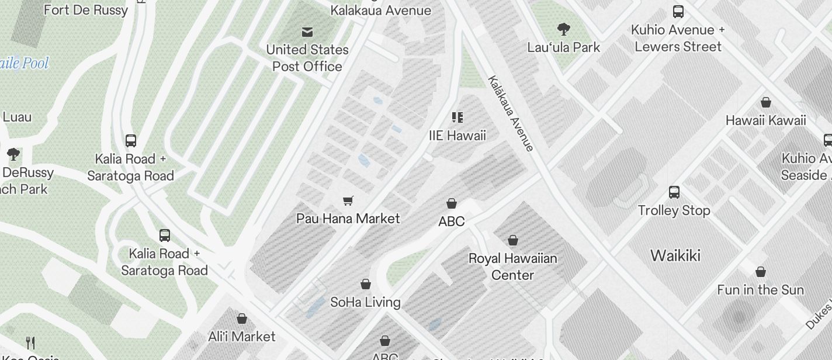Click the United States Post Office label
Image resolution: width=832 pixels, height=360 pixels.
pos(307,58)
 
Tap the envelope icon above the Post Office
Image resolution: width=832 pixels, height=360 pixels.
pos(307,32)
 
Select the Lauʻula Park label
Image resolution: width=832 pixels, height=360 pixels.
pos(563,47)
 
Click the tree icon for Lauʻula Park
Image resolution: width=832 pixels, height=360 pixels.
pos(564,29)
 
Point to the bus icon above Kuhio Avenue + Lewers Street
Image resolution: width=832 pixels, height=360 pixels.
pos(678,11)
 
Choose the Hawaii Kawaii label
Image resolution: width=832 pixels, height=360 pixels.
pos(765,120)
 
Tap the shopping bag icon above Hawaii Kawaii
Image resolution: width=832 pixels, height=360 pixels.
pos(766,103)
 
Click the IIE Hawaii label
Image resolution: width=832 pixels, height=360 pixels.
pos(457,136)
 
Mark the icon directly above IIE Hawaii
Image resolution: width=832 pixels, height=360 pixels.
pos(457,117)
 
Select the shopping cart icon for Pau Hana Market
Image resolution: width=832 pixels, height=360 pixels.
pos(348,200)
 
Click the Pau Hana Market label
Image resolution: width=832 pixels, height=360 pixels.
pos(348,219)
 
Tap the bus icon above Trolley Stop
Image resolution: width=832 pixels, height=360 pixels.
pos(674,192)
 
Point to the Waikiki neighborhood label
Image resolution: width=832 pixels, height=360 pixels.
pos(675,255)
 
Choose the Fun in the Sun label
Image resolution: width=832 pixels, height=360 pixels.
pos(760,290)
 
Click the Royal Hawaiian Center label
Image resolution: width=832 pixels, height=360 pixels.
pos(512,266)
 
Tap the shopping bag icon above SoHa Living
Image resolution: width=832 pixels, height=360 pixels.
pos(366,284)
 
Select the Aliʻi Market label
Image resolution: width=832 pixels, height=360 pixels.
pos(242,337)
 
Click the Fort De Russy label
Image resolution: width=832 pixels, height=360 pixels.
pos(86,10)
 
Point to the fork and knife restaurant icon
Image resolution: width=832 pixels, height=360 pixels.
pos(31,342)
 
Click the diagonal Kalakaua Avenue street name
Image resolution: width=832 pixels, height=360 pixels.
pos(511,113)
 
